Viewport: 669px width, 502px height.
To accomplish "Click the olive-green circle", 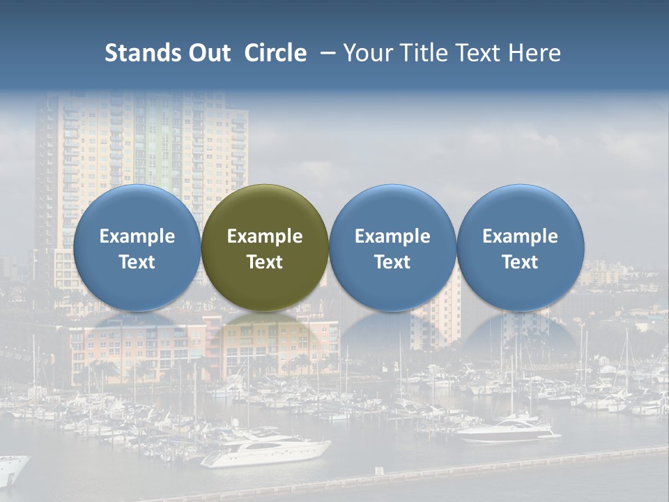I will (x=265, y=248).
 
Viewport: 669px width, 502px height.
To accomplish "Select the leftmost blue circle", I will (x=137, y=248).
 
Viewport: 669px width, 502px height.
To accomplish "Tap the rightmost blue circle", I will (x=520, y=248).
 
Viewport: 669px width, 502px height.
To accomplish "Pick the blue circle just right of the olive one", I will (x=392, y=248).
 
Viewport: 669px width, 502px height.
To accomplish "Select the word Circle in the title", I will (x=275, y=53).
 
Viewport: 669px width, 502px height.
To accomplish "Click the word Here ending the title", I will (x=535, y=53).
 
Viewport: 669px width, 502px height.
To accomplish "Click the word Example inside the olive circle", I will (x=265, y=236).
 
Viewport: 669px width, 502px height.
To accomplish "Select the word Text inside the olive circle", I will (x=265, y=262).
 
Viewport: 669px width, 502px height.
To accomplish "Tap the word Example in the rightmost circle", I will (x=520, y=236).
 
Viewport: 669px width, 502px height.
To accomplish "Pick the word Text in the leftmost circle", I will (x=137, y=262).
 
